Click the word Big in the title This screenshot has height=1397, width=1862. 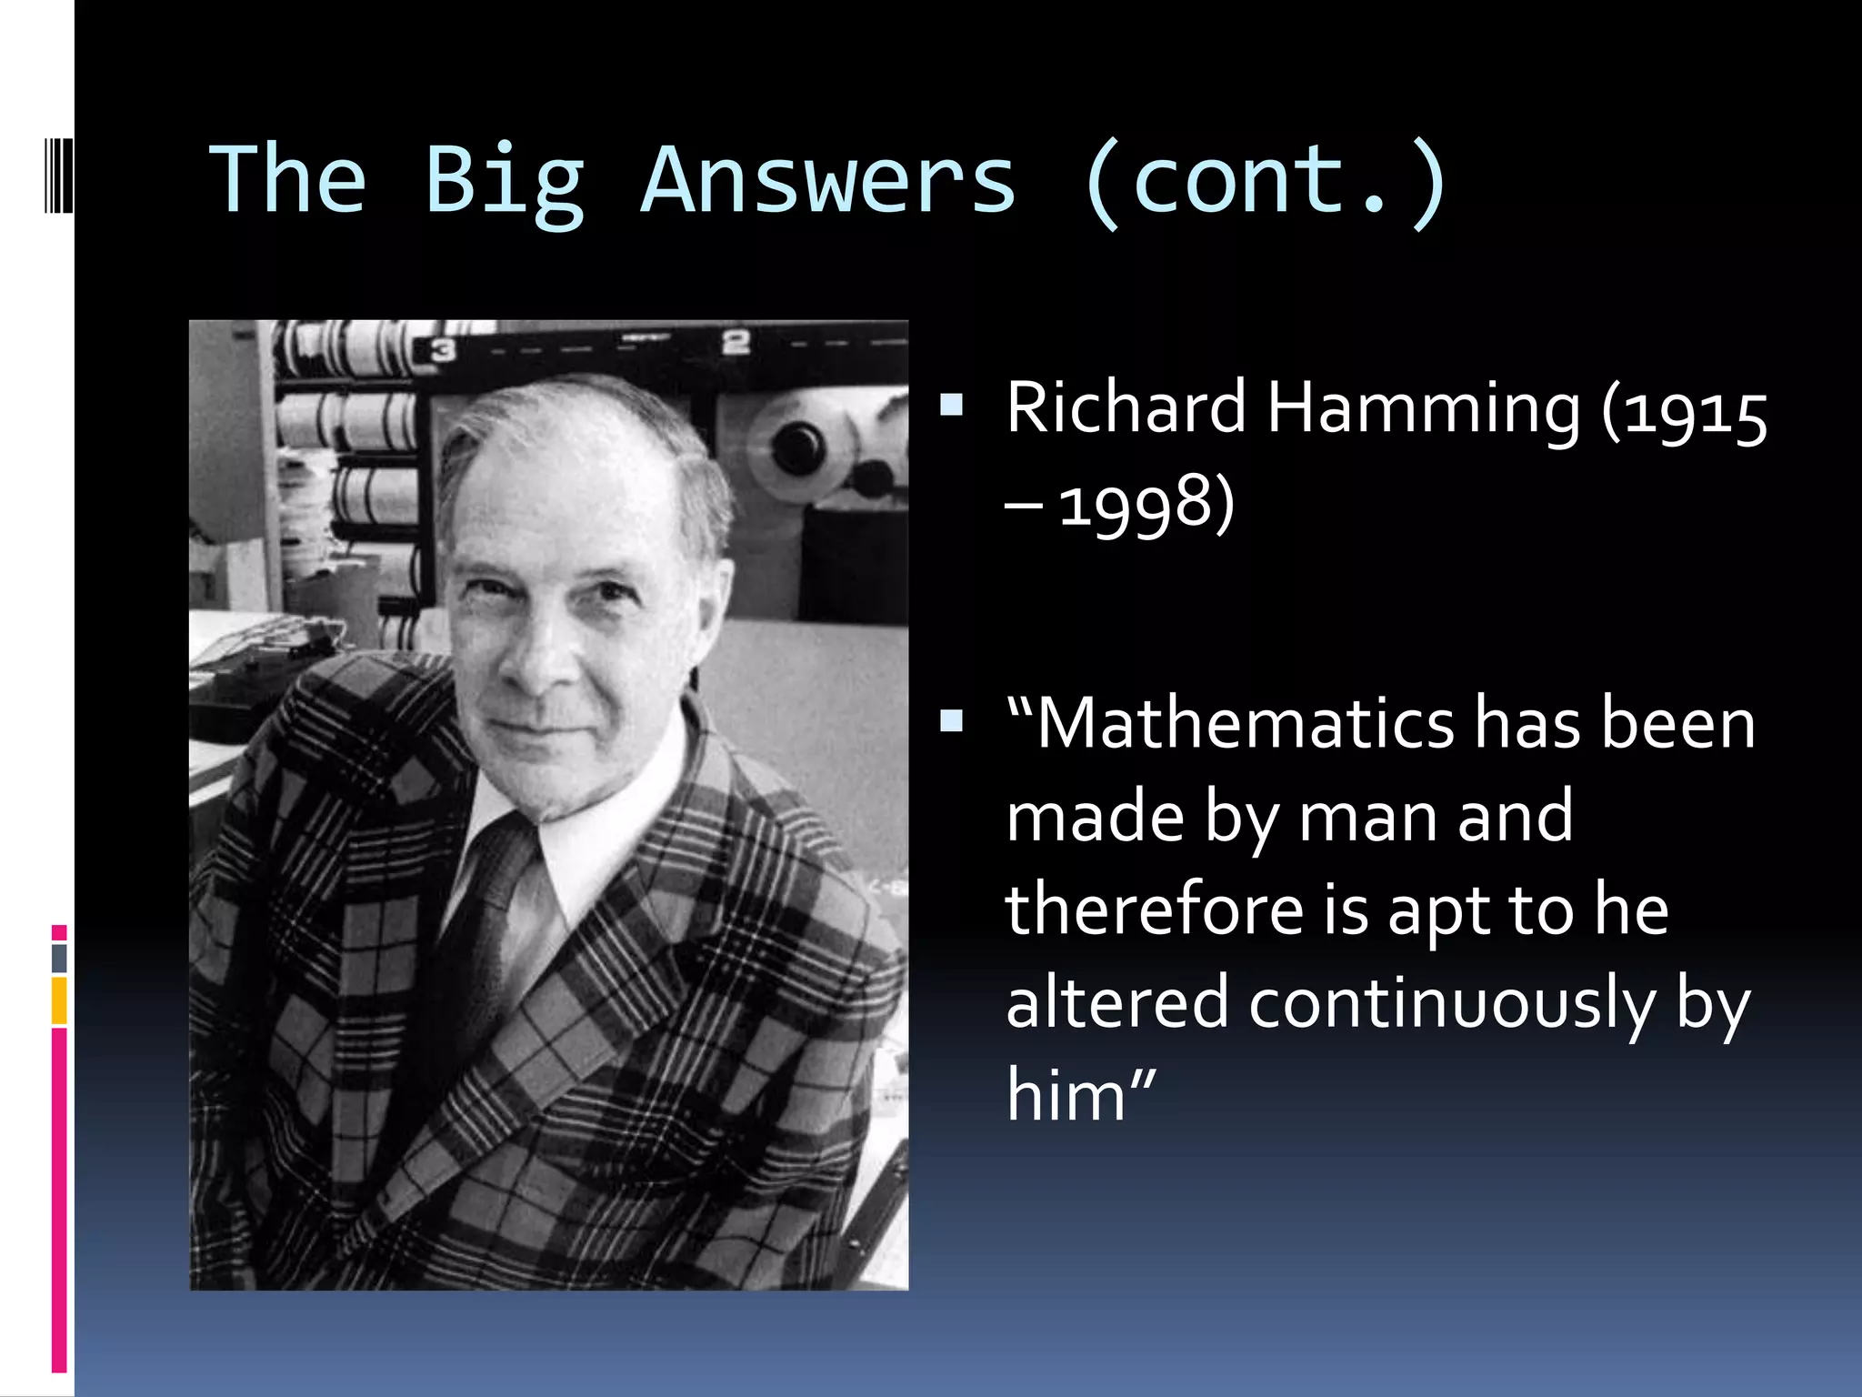click(x=504, y=182)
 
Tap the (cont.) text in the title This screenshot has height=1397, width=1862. click(x=1265, y=182)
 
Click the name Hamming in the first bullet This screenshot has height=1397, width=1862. click(x=1424, y=408)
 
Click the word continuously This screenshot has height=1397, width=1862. click(x=1452, y=1004)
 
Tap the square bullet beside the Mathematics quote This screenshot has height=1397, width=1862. click(x=951, y=722)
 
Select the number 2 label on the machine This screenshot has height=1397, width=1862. click(x=735, y=343)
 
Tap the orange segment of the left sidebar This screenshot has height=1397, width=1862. click(x=59, y=1000)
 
